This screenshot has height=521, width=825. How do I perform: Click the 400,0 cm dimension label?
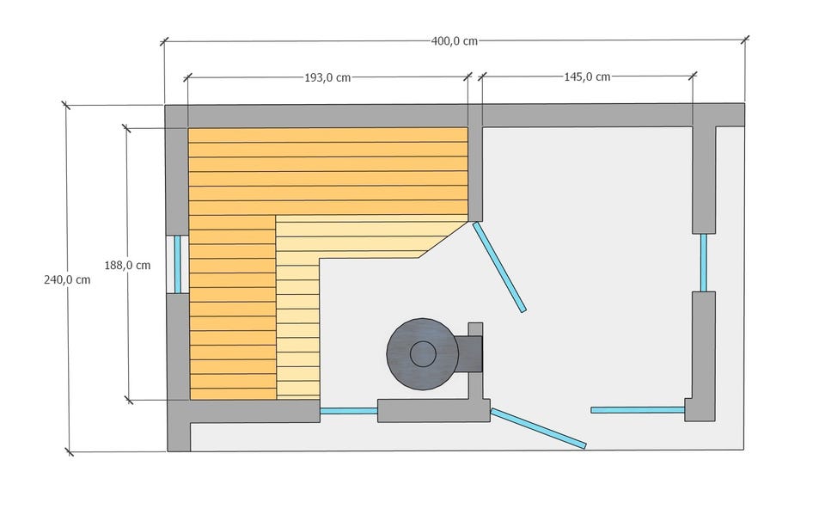click(454, 41)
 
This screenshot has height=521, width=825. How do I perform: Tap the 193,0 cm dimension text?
click(327, 78)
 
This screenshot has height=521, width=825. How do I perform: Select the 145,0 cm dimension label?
click(587, 77)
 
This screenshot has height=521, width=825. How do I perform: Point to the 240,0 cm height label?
click(67, 280)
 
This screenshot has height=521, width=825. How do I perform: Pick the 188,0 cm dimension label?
click(127, 266)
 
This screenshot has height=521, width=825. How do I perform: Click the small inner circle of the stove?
click(423, 353)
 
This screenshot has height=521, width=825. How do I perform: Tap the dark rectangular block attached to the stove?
click(469, 353)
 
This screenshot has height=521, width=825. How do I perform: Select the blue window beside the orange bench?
click(178, 264)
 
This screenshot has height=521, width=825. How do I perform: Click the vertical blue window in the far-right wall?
click(704, 262)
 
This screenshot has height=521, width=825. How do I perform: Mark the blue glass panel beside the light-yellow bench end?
click(349, 410)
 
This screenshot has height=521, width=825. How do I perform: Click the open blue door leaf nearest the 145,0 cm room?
click(499, 267)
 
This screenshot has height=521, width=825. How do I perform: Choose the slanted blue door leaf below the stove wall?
click(538, 428)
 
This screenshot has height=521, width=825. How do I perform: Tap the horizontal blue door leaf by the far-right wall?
click(638, 410)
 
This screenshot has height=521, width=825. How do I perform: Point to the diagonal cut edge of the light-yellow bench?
click(443, 240)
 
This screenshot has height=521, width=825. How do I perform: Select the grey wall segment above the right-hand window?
click(704, 180)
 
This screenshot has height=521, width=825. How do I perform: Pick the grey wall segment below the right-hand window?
click(703, 356)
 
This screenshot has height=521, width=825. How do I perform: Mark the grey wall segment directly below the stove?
click(433, 410)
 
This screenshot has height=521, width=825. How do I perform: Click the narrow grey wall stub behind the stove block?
click(475, 360)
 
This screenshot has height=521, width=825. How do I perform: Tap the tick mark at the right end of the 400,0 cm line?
click(745, 40)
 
